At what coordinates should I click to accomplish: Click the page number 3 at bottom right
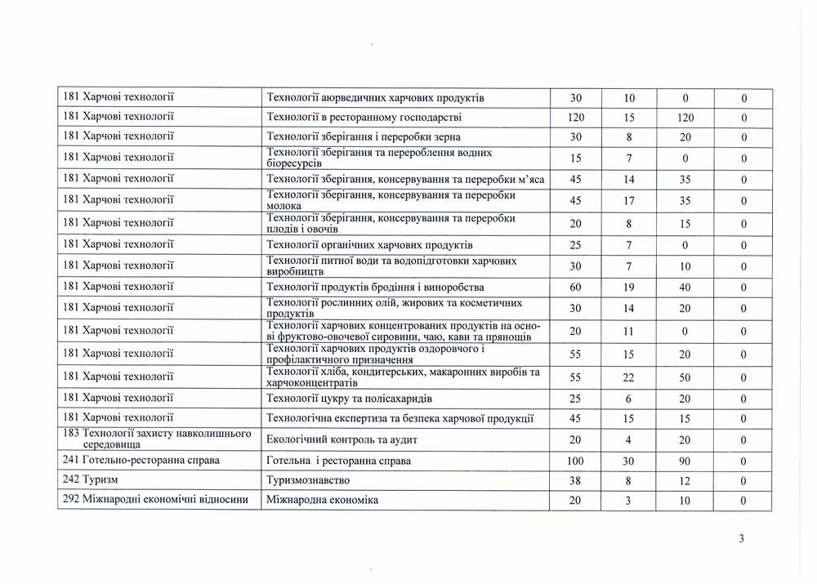click(740, 538)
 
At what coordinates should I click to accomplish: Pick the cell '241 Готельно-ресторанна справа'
click(141, 461)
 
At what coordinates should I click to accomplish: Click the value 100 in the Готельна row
click(575, 461)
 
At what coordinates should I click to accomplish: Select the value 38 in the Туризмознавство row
click(575, 482)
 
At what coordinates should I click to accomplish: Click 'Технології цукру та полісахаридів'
click(350, 399)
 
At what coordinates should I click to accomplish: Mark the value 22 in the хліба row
click(629, 377)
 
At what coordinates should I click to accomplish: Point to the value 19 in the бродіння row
click(629, 288)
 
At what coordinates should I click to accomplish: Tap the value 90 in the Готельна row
click(685, 461)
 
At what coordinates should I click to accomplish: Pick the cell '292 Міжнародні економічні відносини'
click(155, 500)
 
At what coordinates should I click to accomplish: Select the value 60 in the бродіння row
click(575, 288)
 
